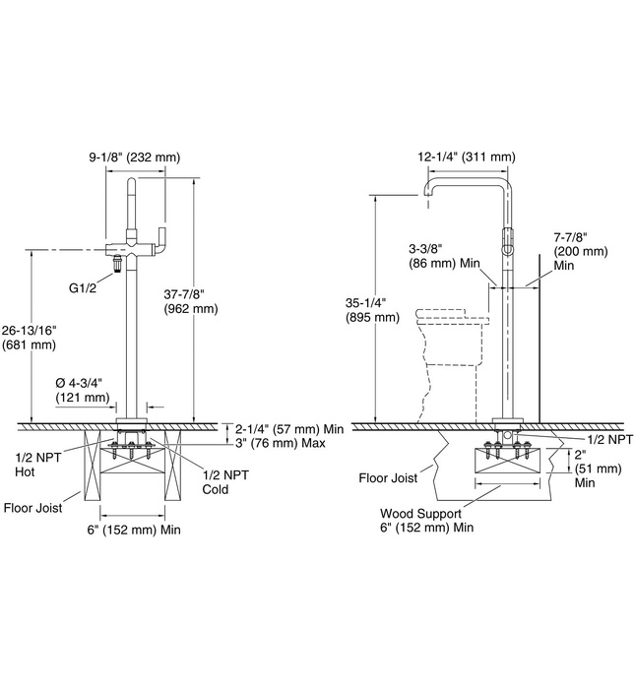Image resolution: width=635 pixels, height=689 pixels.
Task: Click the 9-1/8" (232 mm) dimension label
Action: pyautogui.click(x=134, y=157)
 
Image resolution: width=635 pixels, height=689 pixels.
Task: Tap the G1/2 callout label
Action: pyautogui.click(x=83, y=288)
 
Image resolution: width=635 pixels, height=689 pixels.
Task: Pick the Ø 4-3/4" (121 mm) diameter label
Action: pyautogui.click(x=82, y=390)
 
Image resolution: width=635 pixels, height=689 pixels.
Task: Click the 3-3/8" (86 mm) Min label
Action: pyautogui.click(x=433, y=256)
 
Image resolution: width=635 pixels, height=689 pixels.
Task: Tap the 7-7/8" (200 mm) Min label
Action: pyautogui.click(x=571, y=250)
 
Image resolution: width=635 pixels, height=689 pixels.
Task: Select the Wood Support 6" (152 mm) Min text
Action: pyautogui.click(x=427, y=520)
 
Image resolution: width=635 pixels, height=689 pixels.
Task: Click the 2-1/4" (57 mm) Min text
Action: pyautogui.click(x=290, y=428)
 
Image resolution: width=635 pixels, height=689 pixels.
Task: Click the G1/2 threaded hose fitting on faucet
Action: pyautogui.click(x=117, y=263)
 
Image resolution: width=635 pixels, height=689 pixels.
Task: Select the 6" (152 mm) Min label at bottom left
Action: pyautogui.click(x=132, y=530)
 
